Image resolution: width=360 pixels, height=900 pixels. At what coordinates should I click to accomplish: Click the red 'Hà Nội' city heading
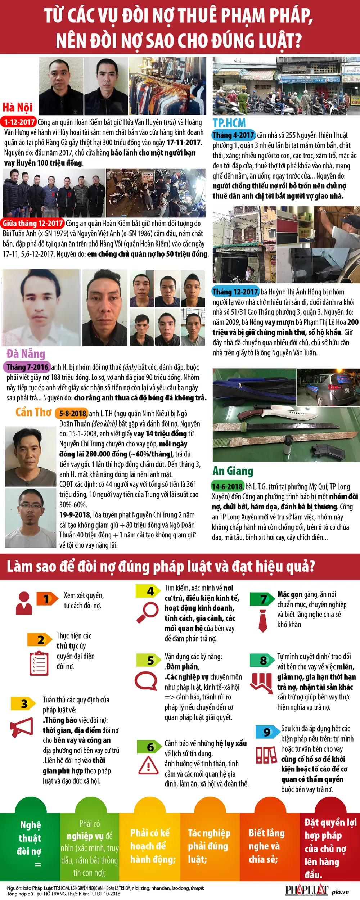(x=18, y=107)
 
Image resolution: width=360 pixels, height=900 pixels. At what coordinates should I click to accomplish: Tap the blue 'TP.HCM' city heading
(x=229, y=123)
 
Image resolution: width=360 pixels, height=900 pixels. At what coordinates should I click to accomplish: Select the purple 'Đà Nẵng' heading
(x=26, y=354)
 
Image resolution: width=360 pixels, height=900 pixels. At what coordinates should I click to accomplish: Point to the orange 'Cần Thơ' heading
(x=33, y=412)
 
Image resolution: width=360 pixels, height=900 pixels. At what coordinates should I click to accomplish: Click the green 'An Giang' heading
(x=233, y=471)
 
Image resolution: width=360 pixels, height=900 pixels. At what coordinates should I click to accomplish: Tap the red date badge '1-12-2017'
(x=19, y=122)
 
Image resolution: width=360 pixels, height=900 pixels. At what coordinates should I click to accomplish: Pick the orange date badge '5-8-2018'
(x=73, y=414)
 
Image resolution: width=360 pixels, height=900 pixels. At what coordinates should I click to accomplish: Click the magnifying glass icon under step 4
(x=147, y=612)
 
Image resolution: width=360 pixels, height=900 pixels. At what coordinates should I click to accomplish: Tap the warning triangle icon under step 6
(x=148, y=765)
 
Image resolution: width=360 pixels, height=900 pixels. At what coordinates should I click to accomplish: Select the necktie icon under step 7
(x=263, y=621)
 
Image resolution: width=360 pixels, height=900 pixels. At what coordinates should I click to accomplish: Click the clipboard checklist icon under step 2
(x=39, y=663)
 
